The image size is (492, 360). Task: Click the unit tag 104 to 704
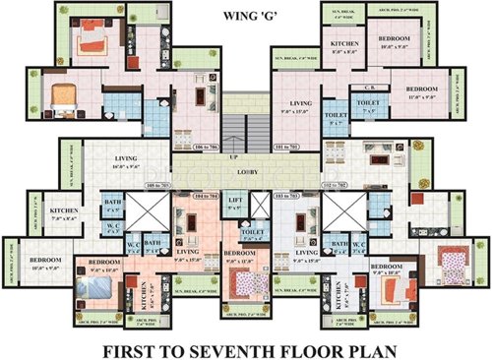pos(210,198)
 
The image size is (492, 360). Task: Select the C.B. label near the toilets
pos(358,89)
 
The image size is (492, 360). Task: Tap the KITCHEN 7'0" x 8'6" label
pos(64,213)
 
